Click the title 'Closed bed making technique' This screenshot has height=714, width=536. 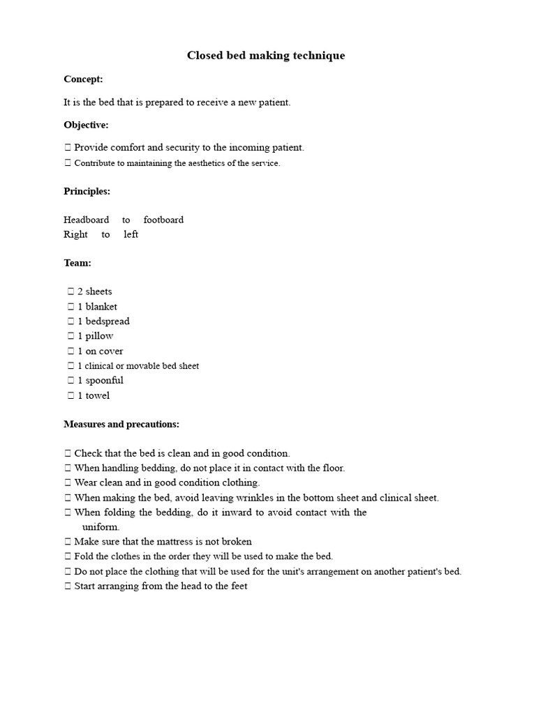(x=265, y=56)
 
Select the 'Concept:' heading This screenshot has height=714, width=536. (x=83, y=79)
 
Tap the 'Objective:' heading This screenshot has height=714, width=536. (x=86, y=125)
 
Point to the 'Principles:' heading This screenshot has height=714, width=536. (x=87, y=191)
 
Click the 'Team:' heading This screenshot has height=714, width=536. (x=77, y=263)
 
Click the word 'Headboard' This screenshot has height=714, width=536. (x=86, y=220)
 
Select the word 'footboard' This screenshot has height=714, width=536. (x=163, y=220)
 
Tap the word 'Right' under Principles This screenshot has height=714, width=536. (x=75, y=234)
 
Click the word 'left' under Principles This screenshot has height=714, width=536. (x=131, y=234)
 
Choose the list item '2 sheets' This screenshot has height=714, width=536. (x=94, y=291)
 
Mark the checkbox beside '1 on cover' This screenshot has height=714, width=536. (x=70, y=351)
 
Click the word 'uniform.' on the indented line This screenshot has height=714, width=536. (x=100, y=527)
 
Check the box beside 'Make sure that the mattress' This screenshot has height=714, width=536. (x=67, y=542)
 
